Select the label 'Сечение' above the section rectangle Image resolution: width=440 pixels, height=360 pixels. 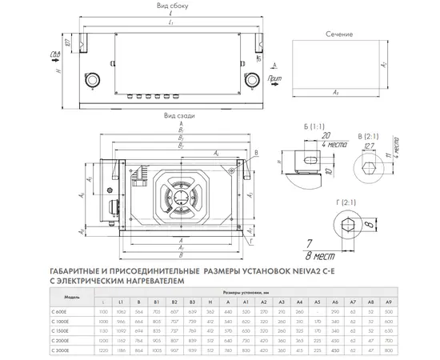[340, 36]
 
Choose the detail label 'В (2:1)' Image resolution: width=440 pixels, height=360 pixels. [367, 126]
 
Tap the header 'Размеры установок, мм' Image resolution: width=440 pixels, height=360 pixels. [239, 293]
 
